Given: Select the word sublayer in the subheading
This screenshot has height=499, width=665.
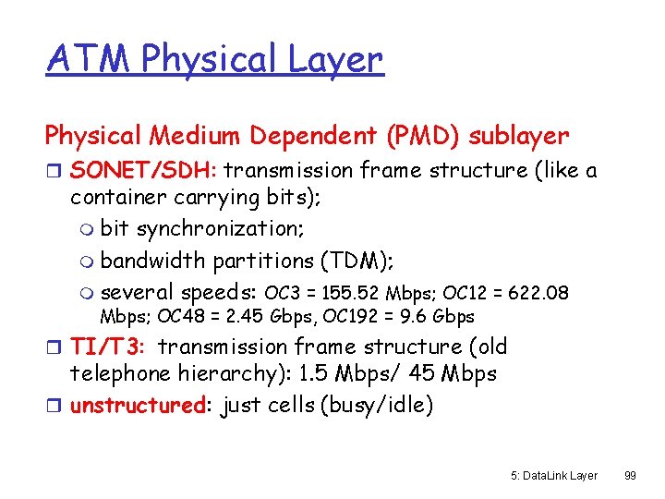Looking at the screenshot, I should (519, 136).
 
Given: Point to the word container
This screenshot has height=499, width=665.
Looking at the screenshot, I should (118, 197).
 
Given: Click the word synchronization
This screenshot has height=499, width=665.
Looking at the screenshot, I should (213, 228).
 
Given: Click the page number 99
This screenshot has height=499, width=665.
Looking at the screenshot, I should (631, 474).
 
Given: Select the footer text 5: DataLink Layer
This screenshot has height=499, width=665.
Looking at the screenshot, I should (553, 474).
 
